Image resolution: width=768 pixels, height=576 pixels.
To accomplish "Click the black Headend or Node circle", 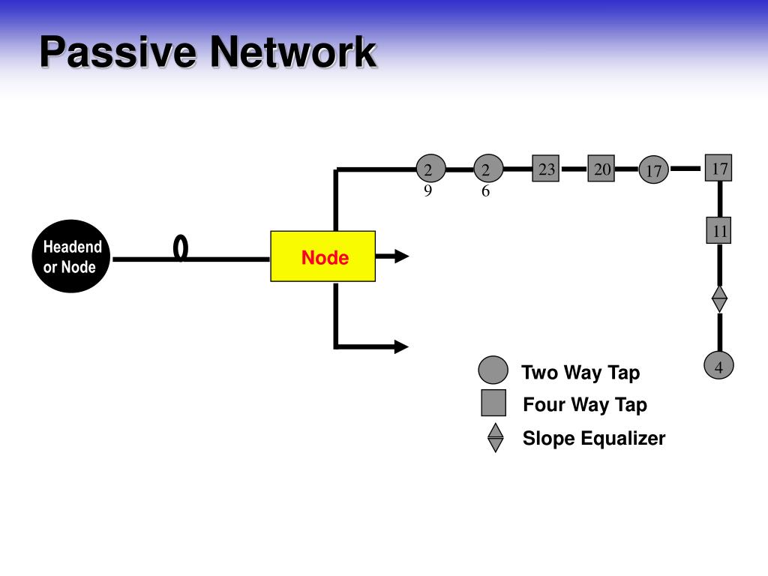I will (72, 256).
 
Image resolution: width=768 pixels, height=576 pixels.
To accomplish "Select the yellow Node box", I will (322, 256).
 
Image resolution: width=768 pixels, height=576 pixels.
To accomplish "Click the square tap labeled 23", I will (546, 169).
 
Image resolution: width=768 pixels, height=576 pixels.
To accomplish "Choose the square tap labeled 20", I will (601, 169).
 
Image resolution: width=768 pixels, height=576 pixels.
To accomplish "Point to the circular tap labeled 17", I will (654, 170).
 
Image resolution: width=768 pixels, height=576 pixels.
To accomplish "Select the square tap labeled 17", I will (718, 167).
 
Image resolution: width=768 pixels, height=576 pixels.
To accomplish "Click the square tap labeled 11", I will (718, 230).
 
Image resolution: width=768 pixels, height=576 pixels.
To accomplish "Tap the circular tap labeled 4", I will (718, 367).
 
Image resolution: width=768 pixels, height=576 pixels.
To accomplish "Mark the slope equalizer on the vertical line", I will (719, 298).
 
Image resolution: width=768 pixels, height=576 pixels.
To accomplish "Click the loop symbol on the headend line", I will (180, 248).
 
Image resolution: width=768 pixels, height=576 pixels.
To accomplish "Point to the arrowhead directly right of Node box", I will (401, 256).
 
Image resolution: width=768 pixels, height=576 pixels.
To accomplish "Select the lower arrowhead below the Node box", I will (401, 346).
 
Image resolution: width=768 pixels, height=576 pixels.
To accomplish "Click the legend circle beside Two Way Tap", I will (493, 370).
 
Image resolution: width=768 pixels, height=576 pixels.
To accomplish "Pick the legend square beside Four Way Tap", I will (493, 403).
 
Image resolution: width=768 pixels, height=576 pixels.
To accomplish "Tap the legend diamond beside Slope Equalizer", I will (495, 438).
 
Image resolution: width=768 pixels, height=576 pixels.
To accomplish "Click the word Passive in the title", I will (119, 52).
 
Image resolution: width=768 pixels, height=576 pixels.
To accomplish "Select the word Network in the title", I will (292, 52).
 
